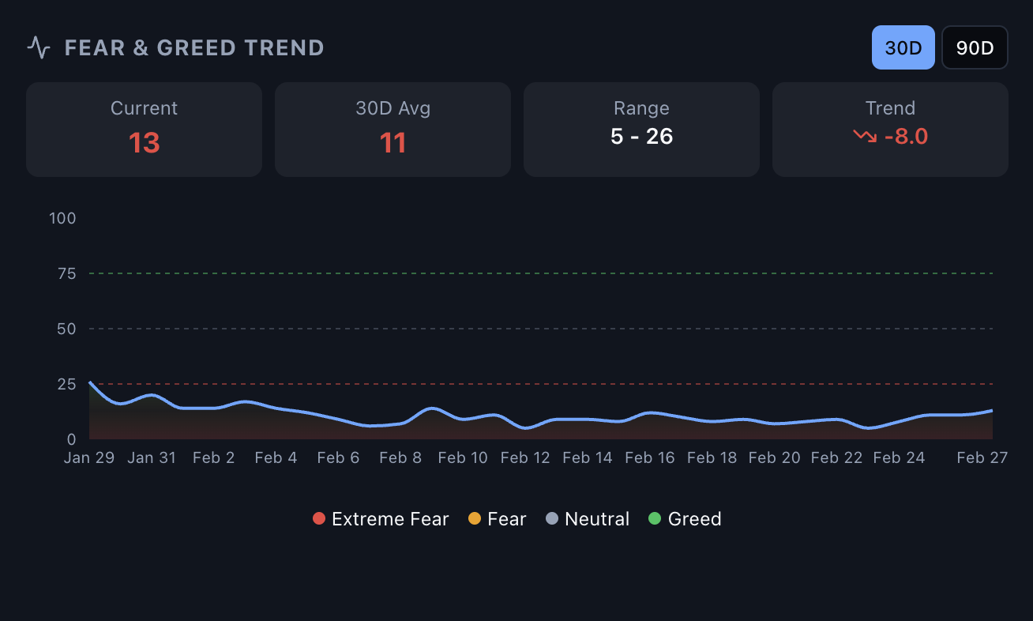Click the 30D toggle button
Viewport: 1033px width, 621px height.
click(903, 47)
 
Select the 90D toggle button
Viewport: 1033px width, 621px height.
click(975, 47)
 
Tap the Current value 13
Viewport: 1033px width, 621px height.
click(144, 143)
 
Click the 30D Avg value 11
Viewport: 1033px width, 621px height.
click(393, 143)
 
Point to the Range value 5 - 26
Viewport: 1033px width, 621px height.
click(641, 136)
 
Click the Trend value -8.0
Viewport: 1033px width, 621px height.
click(905, 137)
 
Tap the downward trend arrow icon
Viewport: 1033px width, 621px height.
click(865, 136)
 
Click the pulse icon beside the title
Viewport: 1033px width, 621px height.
click(39, 47)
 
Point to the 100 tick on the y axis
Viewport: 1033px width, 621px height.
click(62, 218)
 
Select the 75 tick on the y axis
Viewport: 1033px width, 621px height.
click(66, 273)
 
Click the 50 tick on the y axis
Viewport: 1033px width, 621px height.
click(66, 329)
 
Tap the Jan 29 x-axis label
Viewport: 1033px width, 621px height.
click(89, 457)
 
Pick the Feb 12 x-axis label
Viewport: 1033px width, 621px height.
click(525, 457)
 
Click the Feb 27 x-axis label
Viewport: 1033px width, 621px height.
click(982, 457)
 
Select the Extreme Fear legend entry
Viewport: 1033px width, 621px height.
click(381, 519)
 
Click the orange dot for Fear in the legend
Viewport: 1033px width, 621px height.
click(475, 519)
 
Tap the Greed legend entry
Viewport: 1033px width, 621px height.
click(685, 519)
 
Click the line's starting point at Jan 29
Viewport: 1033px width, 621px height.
click(90, 382)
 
